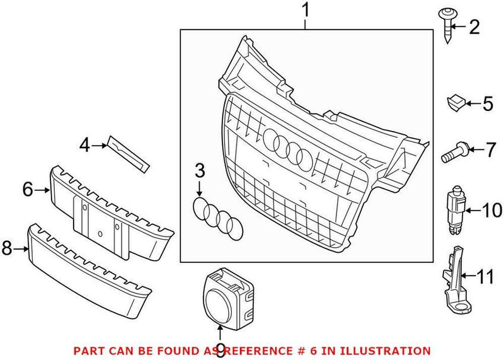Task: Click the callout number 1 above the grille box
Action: click(306, 11)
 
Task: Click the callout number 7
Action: click(490, 151)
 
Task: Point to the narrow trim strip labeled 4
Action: click(129, 152)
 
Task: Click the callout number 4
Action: click(84, 146)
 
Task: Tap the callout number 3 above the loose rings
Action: click(200, 170)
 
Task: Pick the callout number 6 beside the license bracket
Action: click(27, 189)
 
